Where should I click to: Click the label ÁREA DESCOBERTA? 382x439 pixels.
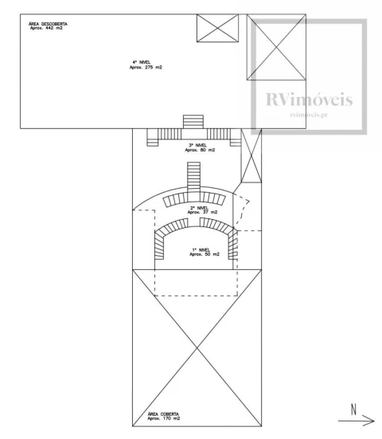[x=48, y=24]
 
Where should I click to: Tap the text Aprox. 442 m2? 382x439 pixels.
[x=46, y=28]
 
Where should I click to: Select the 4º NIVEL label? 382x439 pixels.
[x=142, y=62]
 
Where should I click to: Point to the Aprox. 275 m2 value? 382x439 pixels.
[x=146, y=68]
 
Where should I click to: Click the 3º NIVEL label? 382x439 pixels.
[x=197, y=145]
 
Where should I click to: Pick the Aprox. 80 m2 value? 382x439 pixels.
[x=200, y=150]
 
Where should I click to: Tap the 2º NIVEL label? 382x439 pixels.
[x=199, y=208]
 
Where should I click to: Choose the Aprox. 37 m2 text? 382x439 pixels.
[x=202, y=212]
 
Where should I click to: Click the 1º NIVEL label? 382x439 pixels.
[x=201, y=250]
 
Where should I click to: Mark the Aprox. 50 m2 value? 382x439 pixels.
[x=205, y=254]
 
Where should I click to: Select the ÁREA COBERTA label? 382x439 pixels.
[x=163, y=414]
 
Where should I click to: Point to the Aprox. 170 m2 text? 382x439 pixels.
[x=164, y=418]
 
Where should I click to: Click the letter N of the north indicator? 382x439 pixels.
[x=354, y=410]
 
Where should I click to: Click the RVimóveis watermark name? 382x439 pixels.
[x=309, y=100]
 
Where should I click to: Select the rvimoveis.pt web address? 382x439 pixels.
[x=309, y=115]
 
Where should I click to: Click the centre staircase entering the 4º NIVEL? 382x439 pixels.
[x=193, y=122]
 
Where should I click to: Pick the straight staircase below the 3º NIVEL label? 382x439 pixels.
[x=194, y=181]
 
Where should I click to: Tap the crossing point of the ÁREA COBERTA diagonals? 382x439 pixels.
[x=197, y=347]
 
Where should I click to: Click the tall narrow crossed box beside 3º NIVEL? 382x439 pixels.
[x=251, y=155]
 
